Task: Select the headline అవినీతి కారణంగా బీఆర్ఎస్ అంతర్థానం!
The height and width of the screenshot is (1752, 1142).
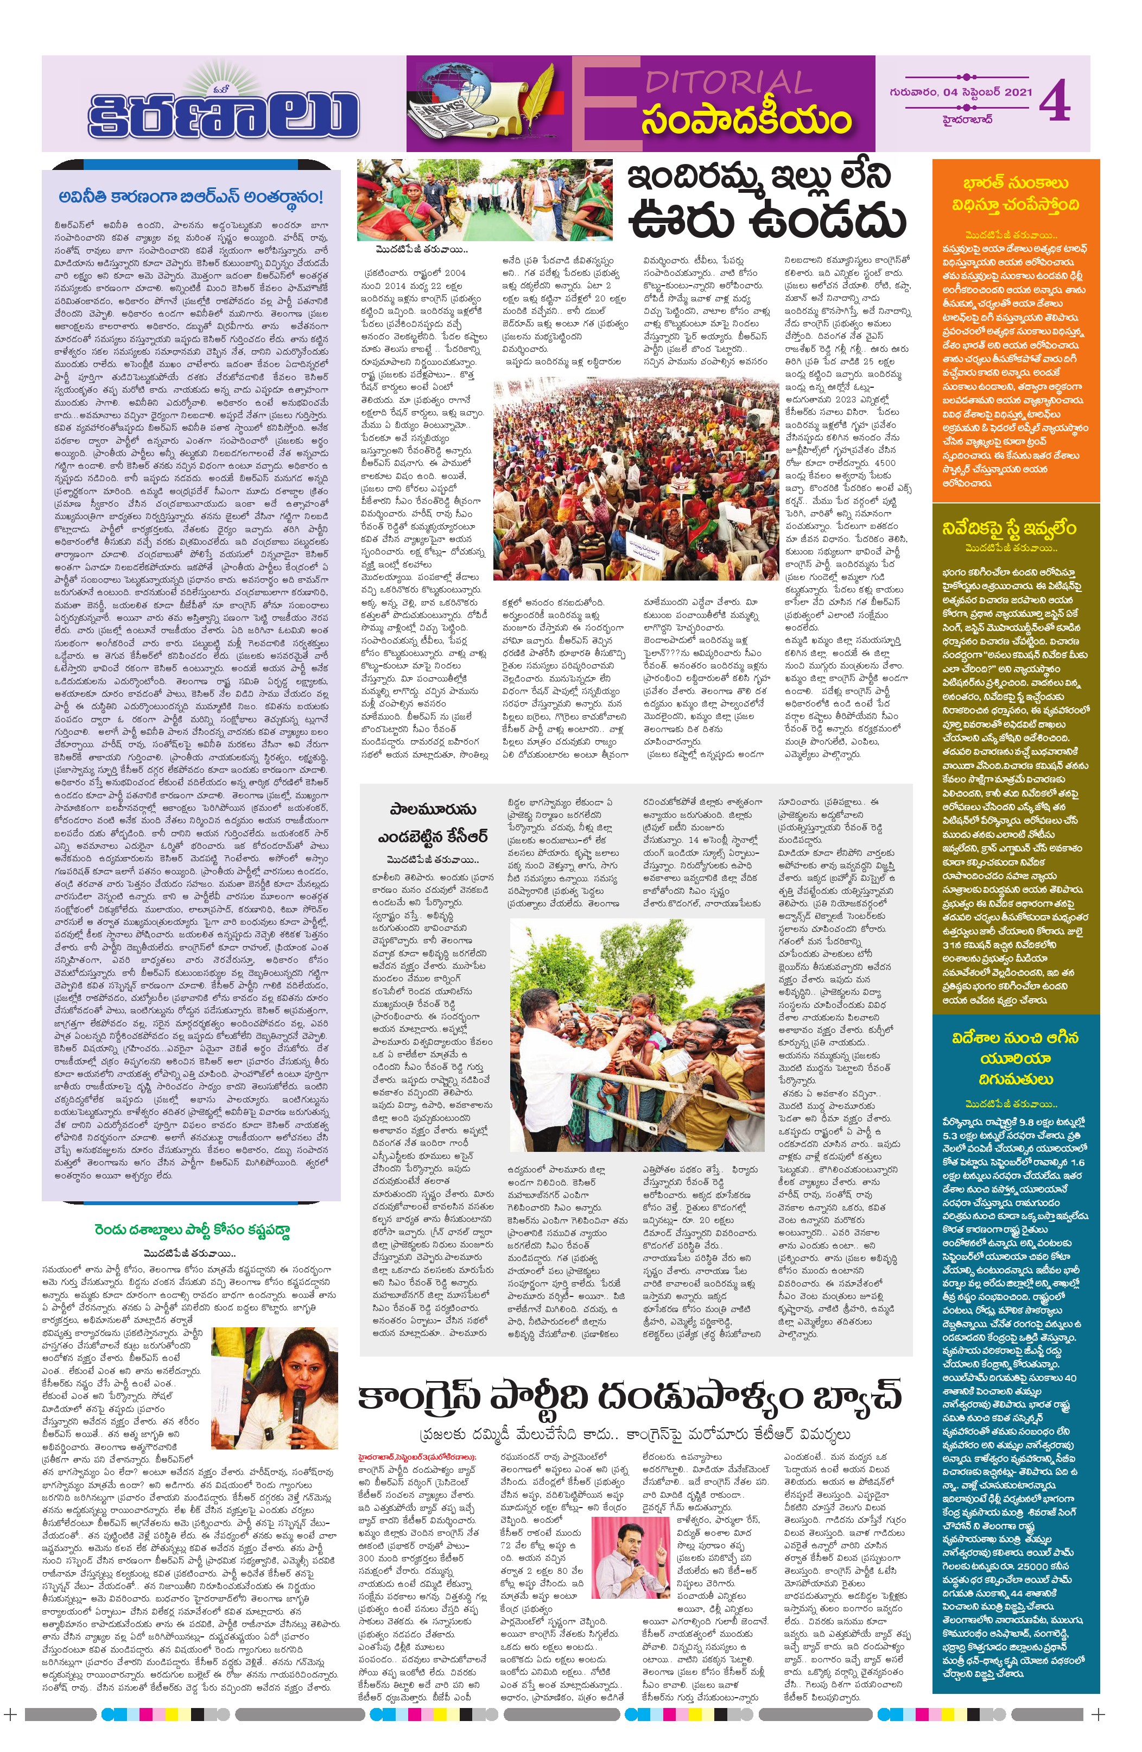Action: coord(191,197)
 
